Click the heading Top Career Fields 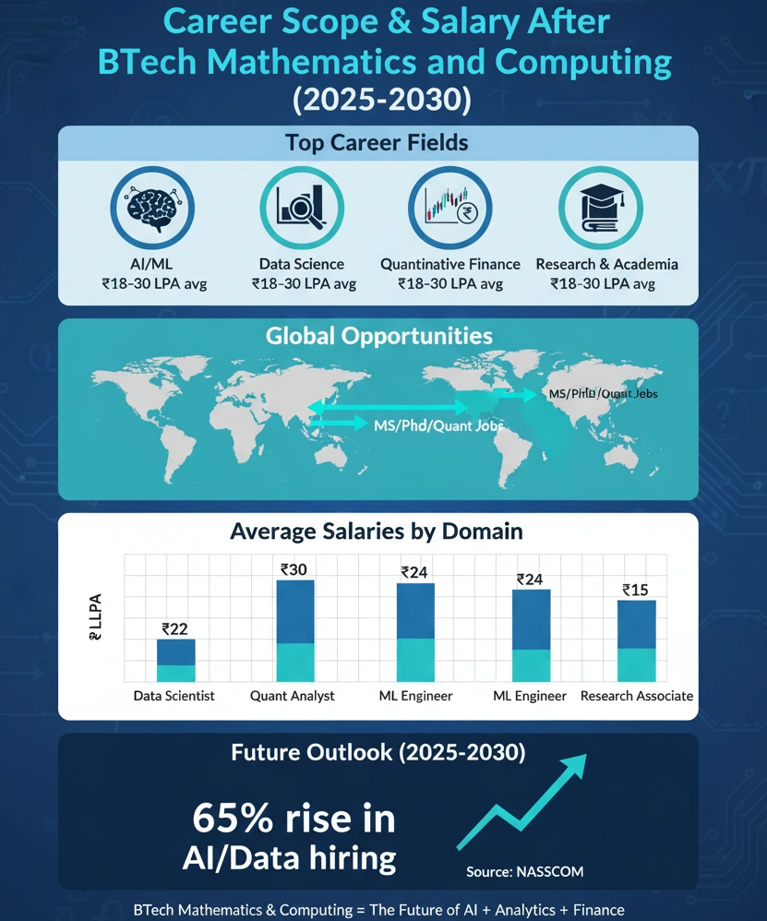(x=377, y=143)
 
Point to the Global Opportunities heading (x=378, y=335)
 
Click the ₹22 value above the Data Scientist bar (x=174, y=629)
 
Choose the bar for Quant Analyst (x=295, y=630)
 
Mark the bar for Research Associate (x=636, y=640)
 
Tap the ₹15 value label (x=636, y=591)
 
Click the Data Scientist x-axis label (x=174, y=696)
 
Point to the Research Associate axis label (x=636, y=696)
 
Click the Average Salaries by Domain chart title (x=377, y=532)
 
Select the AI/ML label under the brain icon (x=150, y=264)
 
